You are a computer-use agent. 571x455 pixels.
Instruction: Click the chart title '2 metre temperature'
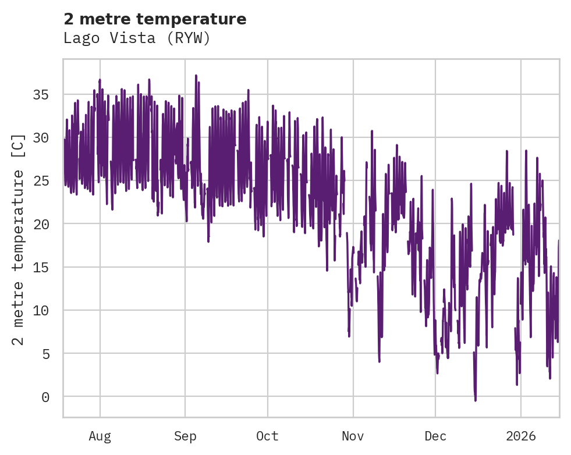tap(155, 19)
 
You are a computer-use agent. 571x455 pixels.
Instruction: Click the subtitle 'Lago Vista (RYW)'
tap(136, 38)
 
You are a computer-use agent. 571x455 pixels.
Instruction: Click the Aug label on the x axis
tap(100, 436)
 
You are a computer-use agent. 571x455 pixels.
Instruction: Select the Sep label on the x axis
tap(185, 436)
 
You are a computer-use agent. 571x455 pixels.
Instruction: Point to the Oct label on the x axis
tap(268, 436)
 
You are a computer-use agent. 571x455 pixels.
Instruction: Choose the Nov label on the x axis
tap(353, 436)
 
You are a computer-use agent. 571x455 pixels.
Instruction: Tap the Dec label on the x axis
tap(435, 436)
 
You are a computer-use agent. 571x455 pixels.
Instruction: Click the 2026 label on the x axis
tap(520, 436)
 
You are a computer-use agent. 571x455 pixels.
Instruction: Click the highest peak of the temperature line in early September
tap(196, 76)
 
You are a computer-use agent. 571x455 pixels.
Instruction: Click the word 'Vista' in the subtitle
tap(136, 38)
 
